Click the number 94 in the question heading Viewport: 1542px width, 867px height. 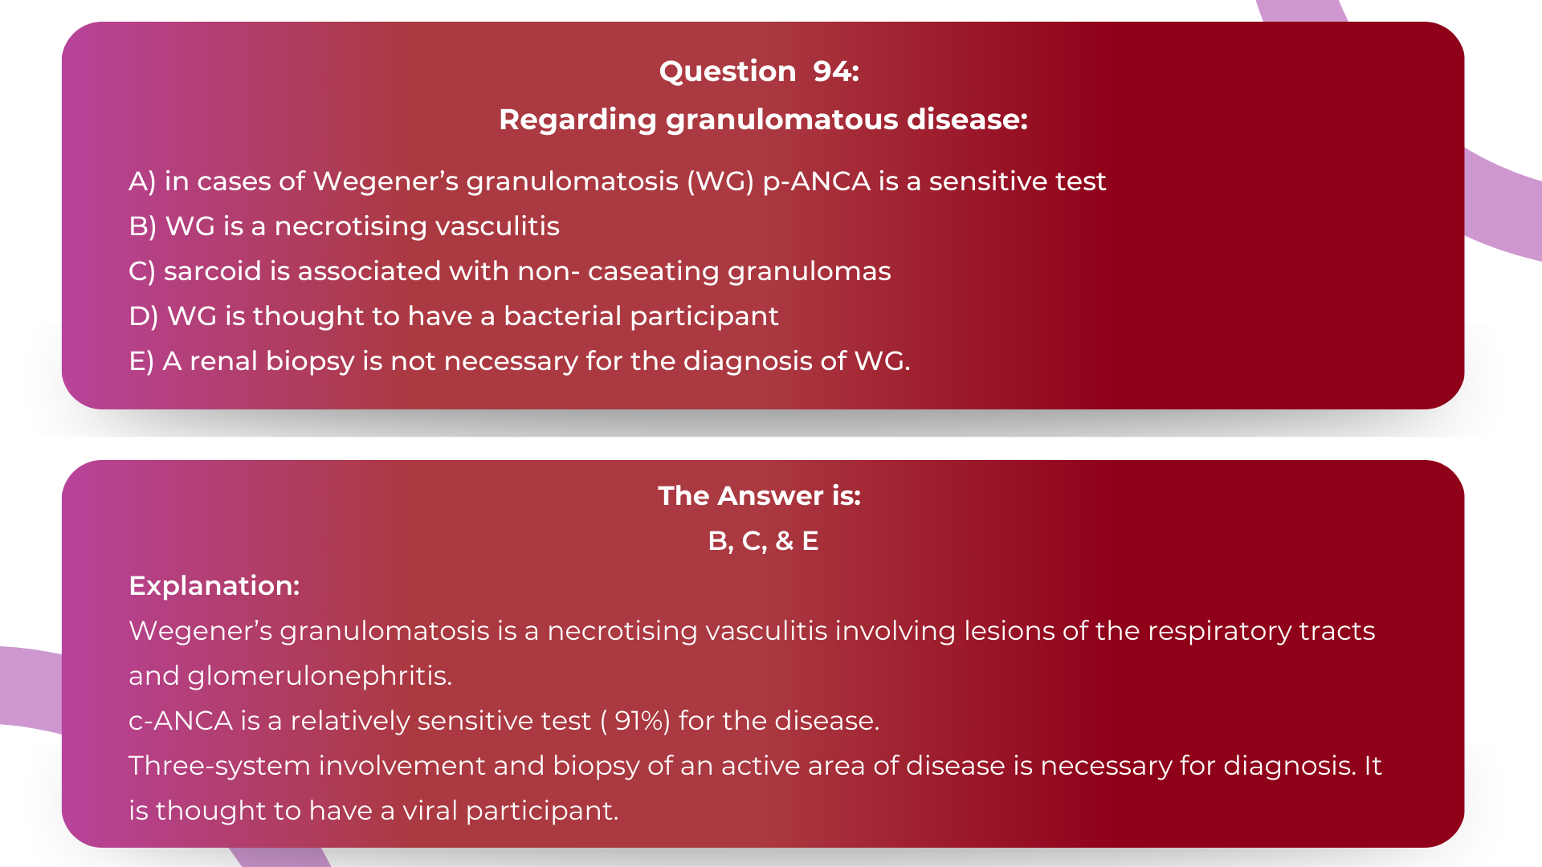(x=835, y=71)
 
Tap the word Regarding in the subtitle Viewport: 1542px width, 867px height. (x=577, y=120)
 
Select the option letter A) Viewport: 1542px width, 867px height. (x=142, y=181)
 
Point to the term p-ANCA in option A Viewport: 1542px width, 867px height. (x=816, y=181)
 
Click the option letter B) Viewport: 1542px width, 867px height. (x=143, y=226)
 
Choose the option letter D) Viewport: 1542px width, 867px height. (x=144, y=316)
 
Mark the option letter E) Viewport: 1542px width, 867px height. (x=141, y=361)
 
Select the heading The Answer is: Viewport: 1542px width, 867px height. (x=759, y=496)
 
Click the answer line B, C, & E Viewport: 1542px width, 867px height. (x=763, y=541)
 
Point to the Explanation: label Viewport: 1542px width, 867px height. (x=214, y=587)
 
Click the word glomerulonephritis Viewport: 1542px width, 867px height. (x=320, y=677)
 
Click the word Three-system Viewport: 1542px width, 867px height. (x=219, y=767)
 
